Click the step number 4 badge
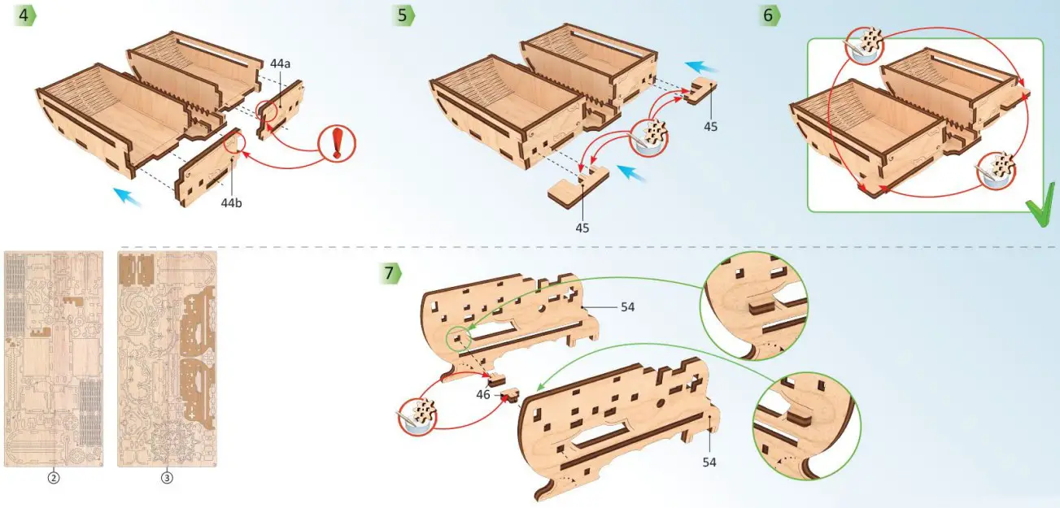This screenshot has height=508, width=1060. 25,15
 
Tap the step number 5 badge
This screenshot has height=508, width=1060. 403,15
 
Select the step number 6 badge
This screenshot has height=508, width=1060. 770,15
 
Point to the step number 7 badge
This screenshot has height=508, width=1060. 390,273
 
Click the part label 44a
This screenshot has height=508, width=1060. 280,64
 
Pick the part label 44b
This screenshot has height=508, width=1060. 231,203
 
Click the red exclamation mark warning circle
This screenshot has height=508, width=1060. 337,143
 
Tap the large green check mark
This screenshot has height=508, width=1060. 1040,204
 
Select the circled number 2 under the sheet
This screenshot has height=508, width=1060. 54,478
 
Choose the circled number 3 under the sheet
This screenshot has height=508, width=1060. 167,478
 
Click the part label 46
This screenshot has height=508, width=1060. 483,394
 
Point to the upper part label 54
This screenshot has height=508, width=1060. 627,307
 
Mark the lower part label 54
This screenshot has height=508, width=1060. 709,462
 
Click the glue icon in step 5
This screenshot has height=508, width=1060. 649,137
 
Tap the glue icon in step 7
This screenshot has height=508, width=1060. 417,417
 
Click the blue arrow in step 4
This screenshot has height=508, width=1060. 128,197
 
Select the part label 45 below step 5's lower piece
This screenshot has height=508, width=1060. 582,228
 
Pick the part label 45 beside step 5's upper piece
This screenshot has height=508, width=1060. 710,127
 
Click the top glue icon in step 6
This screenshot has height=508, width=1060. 864,46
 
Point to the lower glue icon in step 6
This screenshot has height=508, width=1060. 996,171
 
